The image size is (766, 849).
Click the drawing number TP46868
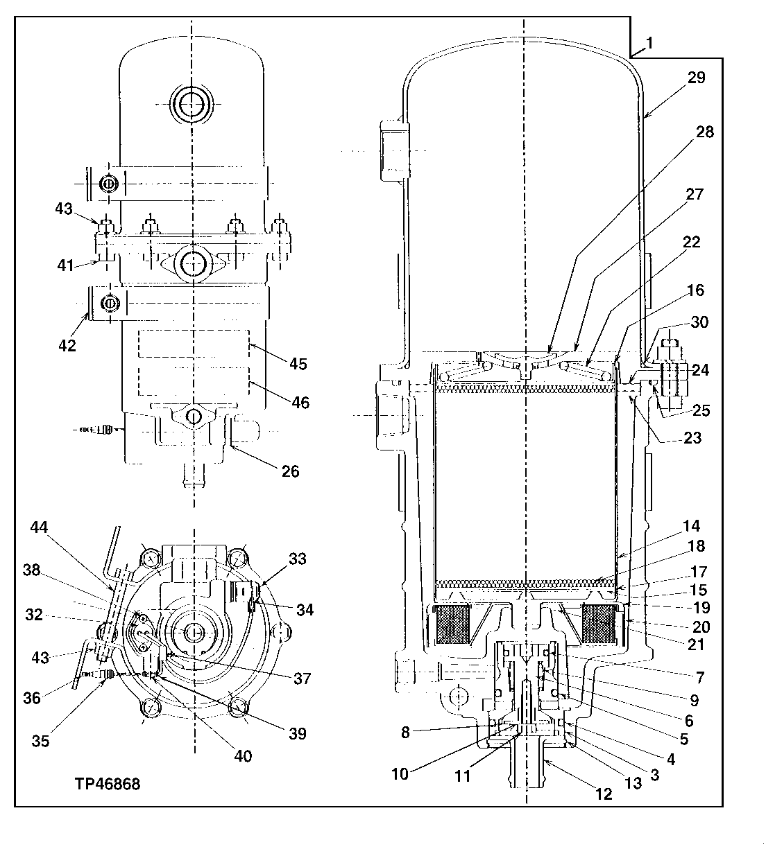pyautogui.click(x=108, y=784)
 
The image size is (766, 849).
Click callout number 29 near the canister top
pyautogui.click(x=695, y=78)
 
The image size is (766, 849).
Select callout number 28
pyautogui.click(x=705, y=131)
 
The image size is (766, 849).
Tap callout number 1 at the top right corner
pyautogui.click(x=649, y=43)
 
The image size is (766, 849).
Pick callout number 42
pyautogui.click(x=67, y=345)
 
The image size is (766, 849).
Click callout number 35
pyautogui.click(x=41, y=740)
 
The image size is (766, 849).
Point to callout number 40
pyautogui.click(x=243, y=756)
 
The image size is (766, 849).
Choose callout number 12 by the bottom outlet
pyautogui.click(x=604, y=794)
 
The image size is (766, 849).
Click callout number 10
pyautogui.click(x=400, y=773)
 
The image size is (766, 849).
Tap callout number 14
pyautogui.click(x=690, y=526)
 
